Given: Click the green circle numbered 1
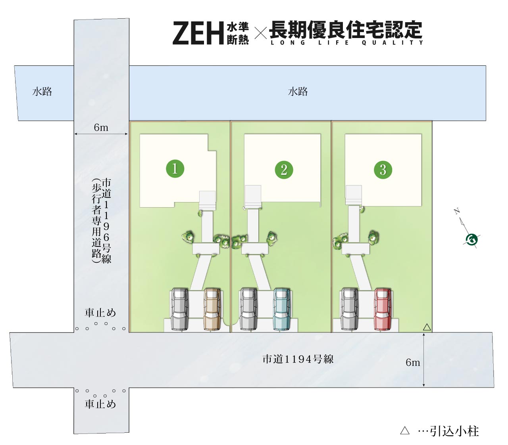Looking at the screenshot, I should click(175, 168).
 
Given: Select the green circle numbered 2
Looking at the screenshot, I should click(284, 170).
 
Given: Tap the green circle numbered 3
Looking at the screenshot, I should click(383, 170).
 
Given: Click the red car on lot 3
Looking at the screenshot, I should click(383, 309).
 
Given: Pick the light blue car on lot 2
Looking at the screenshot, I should click(282, 309).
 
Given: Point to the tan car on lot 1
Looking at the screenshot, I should click(212, 309).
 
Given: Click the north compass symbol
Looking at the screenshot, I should click(471, 239).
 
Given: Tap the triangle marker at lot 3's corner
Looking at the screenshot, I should click(427, 327).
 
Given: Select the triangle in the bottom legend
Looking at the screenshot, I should click(405, 431).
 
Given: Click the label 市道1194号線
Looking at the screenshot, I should click(298, 359).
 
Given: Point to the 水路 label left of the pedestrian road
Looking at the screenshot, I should click(42, 92).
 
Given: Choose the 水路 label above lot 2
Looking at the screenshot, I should click(298, 92).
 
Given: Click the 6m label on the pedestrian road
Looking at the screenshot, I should click(101, 128).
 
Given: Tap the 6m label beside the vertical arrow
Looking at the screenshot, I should click(413, 362).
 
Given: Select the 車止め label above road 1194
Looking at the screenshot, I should click(100, 313).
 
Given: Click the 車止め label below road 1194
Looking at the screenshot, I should click(100, 404).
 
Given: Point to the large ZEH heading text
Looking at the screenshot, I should click(198, 33).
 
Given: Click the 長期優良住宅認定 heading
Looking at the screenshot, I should click(345, 29).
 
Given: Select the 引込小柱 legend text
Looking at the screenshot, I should click(454, 431).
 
